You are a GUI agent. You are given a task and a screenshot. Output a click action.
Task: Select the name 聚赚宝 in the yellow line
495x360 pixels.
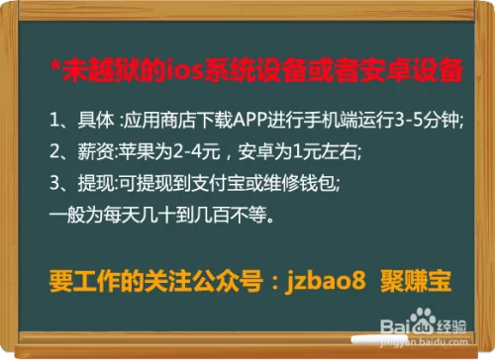(416, 282)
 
